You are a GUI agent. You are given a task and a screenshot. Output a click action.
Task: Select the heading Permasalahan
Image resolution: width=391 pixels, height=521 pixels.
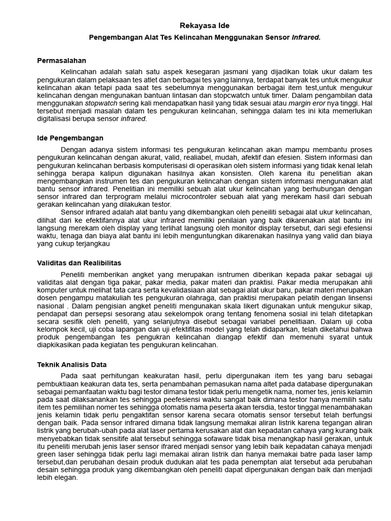[62, 61]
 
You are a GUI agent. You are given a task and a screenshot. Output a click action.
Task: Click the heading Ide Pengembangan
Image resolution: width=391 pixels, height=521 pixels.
[70, 138]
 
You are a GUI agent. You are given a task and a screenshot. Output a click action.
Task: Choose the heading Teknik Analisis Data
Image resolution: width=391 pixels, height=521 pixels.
[72, 364]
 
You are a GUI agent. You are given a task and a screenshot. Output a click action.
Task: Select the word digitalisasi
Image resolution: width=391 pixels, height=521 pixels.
[55, 119]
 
